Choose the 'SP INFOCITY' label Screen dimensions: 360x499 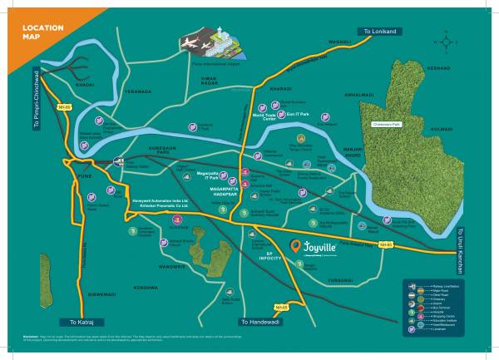[x=269, y=256]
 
